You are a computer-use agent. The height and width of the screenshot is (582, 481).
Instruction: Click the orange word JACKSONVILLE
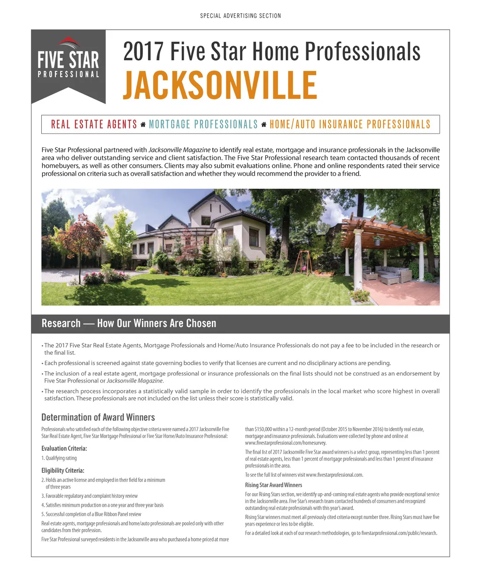[x=220, y=85]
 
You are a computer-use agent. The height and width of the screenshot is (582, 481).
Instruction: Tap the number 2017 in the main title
[x=143, y=51]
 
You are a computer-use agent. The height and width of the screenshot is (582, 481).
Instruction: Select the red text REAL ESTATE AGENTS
[x=94, y=124]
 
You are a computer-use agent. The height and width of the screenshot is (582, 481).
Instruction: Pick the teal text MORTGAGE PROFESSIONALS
[x=203, y=124]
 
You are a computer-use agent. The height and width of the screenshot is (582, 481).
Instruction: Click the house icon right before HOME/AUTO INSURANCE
[x=264, y=125]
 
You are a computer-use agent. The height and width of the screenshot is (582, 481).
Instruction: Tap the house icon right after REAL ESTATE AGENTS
[x=143, y=125]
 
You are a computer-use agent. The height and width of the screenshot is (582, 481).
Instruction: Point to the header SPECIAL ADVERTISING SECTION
[x=240, y=16]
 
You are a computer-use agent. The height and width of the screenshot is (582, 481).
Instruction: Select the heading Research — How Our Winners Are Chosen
[x=129, y=323]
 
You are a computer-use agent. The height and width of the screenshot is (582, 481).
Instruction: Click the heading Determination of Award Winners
[x=98, y=417]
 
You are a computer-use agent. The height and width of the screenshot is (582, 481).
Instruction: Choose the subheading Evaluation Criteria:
[x=64, y=448]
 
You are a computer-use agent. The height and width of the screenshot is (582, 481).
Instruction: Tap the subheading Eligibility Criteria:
[x=63, y=470]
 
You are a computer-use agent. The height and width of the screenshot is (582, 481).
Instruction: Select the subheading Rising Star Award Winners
[x=273, y=485]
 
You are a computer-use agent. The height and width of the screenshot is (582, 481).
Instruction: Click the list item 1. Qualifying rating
[x=59, y=458]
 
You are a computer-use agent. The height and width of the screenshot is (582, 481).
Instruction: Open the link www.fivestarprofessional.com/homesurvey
[x=286, y=443]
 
